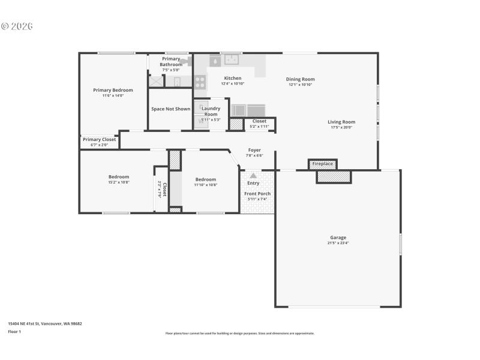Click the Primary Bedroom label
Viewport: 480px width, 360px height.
click(x=113, y=90)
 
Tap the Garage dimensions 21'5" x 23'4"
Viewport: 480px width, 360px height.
click(x=338, y=244)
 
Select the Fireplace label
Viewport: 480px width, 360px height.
click(x=322, y=164)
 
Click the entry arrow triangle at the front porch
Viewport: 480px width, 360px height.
click(x=253, y=176)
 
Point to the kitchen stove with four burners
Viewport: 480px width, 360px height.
click(x=200, y=82)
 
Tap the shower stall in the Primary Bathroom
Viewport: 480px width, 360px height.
click(x=156, y=82)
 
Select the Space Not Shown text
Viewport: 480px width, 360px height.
click(x=170, y=109)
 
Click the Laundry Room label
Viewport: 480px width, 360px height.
click(x=211, y=111)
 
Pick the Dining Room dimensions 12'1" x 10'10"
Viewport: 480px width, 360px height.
click(x=300, y=85)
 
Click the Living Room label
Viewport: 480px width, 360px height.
click(x=341, y=122)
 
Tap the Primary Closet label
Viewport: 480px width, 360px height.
click(x=99, y=139)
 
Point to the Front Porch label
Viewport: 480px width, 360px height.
click(x=257, y=194)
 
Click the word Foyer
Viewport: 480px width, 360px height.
click(x=254, y=150)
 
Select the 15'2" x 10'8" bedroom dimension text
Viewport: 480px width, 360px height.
click(x=119, y=182)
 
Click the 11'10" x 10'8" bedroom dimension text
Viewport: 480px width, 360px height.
click(x=205, y=185)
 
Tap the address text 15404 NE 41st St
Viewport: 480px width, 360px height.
click(x=44, y=323)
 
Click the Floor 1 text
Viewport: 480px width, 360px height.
click(x=14, y=331)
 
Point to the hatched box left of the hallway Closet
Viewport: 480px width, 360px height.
click(x=236, y=124)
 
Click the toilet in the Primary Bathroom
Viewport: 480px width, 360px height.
click(x=177, y=82)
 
